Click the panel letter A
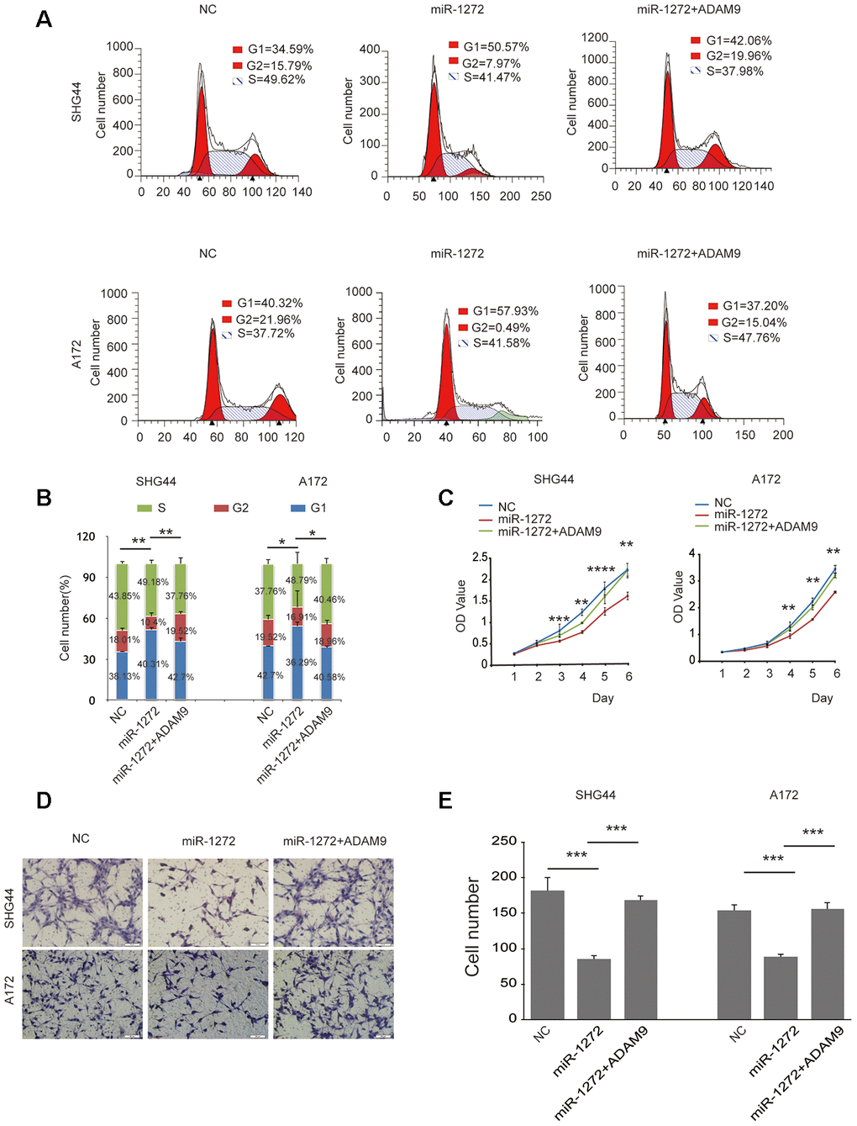pyautogui.click(x=44, y=19)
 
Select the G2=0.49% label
pyautogui.click(x=501, y=327)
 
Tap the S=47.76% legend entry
pyautogui.click(x=751, y=338)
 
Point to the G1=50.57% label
pyautogui.click(x=496, y=47)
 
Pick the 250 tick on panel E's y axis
pyautogui.click(x=504, y=841)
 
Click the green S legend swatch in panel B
pyautogui.click(x=145, y=508)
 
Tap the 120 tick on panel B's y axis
pyautogui.click(x=86, y=537)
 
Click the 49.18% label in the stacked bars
pyautogui.click(x=153, y=582)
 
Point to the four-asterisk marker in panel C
pyautogui.click(x=601, y=570)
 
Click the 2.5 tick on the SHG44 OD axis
pyautogui.click(x=480, y=558)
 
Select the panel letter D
pyautogui.click(x=44, y=801)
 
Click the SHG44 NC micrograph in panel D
pyautogui.click(x=82, y=901)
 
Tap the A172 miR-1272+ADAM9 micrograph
pyautogui.click(x=333, y=993)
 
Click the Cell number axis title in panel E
pyautogui.click(x=472, y=927)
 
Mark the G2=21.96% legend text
pyautogui.click(x=268, y=320)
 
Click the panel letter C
pyautogui.click(x=446, y=498)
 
